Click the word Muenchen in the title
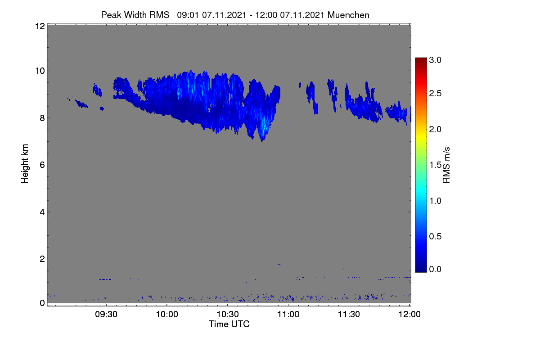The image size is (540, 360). tap(348, 15)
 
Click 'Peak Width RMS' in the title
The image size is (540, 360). tap(135, 15)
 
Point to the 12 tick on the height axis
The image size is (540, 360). tap(40, 26)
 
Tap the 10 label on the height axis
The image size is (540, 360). tap(40, 71)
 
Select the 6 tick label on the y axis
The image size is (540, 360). tap(42, 165)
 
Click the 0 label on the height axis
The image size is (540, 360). tap(42, 303)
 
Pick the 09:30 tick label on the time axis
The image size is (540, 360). tap(106, 314)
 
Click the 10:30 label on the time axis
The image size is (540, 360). tap(228, 314)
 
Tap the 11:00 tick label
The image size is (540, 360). tap(288, 314)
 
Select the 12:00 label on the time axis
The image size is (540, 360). tap(409, 314)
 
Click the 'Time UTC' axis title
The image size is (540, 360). tap(229, 324)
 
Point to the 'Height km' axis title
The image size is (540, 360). tap(25, 164)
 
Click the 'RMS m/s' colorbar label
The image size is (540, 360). tap(446, 165)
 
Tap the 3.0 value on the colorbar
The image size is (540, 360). tap(435, 60)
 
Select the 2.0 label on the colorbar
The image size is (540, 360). tap(435, 129)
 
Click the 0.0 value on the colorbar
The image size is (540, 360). tap(435, 269)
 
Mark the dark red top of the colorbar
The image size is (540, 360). tap(421, 60)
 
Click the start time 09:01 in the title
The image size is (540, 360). tap(188, 15)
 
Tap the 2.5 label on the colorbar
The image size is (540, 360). tap(435, 93)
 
